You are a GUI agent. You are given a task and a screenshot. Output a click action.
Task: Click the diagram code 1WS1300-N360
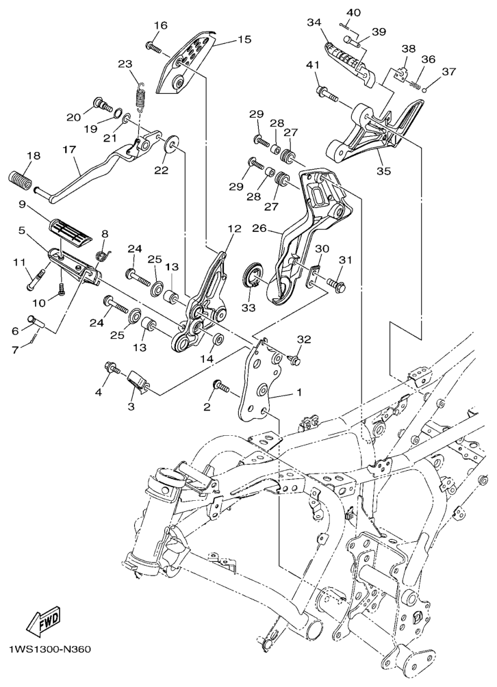(x=49, y=649)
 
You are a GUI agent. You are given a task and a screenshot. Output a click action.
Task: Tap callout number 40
(x=353, y=12)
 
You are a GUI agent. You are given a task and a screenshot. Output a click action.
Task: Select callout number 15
(x=244, y=40)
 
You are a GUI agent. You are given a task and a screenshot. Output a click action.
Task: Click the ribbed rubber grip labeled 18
(x=20, y=181)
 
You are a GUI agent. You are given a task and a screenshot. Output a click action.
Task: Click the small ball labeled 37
(x=424, y=90)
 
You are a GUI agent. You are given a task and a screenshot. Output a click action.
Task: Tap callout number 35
(x=383, y=171)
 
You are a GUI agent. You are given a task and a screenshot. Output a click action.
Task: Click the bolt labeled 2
(x=221, y=386)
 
